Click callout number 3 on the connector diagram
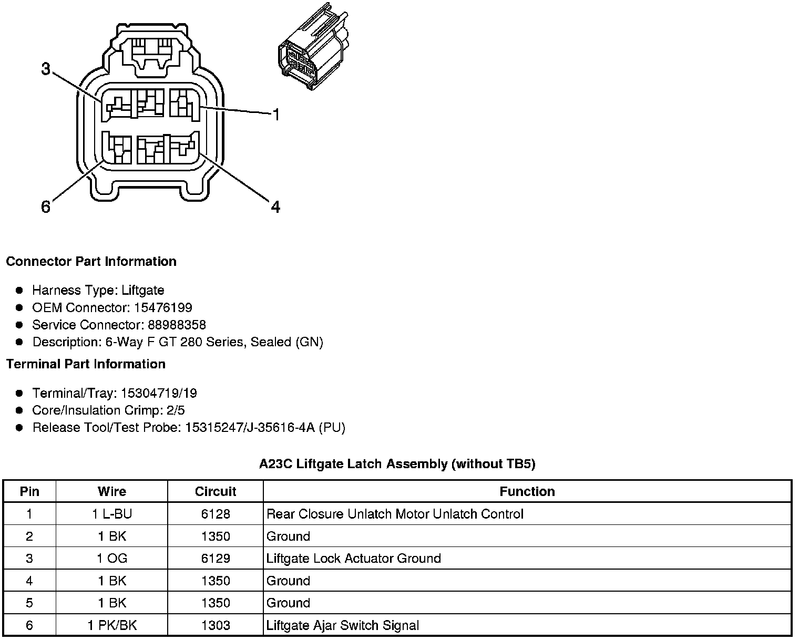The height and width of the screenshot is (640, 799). pyautogui.click(x=46, y=69)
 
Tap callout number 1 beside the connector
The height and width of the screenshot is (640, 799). pyautogui.click(x=275, y=115)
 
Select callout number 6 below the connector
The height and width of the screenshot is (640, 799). pyautogui.click(x=46, y=207)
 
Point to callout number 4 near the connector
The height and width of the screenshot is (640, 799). pyautogui.click(x=275, y=207)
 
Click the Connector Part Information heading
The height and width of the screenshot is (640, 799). pyautogui.click(x=91, y=262)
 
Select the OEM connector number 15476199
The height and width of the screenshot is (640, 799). pyautogui.click(x=163, y=307)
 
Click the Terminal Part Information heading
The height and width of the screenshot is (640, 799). pyautogui.click(x=86, y=364)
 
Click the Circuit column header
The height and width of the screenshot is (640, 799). pyautogui.click(x=216, y=492)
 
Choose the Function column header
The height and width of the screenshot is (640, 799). pyautogui.click(x=527, y=492)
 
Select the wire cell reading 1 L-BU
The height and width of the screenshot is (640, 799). pyautogui.click(x=111, y=514)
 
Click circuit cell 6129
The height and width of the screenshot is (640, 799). pyautogui.click(x=216, y=559)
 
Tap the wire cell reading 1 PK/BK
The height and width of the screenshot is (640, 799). pyautogui.click(x=111, y=625)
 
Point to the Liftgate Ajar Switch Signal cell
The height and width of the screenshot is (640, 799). pyautogui.click(x=343, y=625)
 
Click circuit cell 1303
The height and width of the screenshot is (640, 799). pyautogui.click(x=216, y=625)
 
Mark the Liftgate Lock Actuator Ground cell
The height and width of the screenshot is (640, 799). pyautogui.click(x=353, y=559)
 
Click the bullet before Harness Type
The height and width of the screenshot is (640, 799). pyautogui.click(x=19, y=291)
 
